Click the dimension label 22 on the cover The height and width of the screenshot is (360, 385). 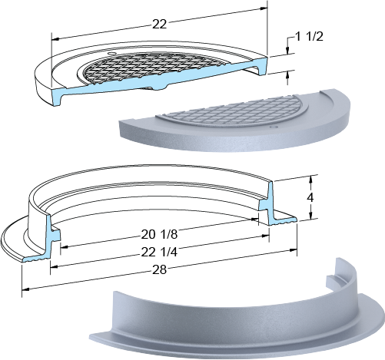(160, 25)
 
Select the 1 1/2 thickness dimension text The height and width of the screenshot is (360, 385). (309, 37)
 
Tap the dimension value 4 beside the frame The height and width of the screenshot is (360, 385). (310, 197)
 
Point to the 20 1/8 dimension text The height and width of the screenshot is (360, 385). (159, 234)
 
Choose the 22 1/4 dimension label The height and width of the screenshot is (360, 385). (159, 253)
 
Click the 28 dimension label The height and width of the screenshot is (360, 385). (160, 270)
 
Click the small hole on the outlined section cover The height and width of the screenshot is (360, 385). (111, 53)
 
